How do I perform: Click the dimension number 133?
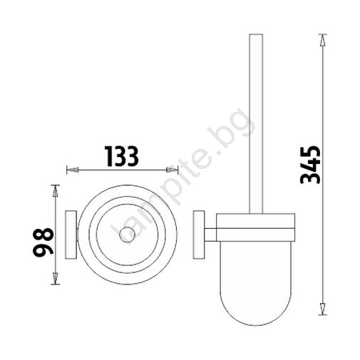[x=122, y=156]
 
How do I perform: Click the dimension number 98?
[x=43, y=242]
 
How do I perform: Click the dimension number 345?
[x=310, y=165]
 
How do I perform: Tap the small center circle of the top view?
[x=127, y=235]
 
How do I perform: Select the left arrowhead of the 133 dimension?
[x=73, y=170]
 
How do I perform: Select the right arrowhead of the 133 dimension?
[x=173, y=170]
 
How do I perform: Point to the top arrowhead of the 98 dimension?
[x=56, y=191]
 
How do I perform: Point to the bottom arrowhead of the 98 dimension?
[x=56, y=279]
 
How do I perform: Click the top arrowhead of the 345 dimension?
[x=322, y=40]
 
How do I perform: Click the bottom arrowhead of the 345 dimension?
[x=322, y=309]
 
